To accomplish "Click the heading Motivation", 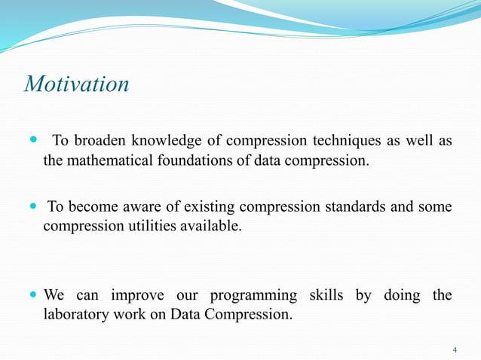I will (x=77, y=84).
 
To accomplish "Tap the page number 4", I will (x=455, y=350).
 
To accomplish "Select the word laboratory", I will (x=74, y=314).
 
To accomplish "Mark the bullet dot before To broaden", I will (x=32, y=141).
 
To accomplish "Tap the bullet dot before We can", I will (x=32, y=294).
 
